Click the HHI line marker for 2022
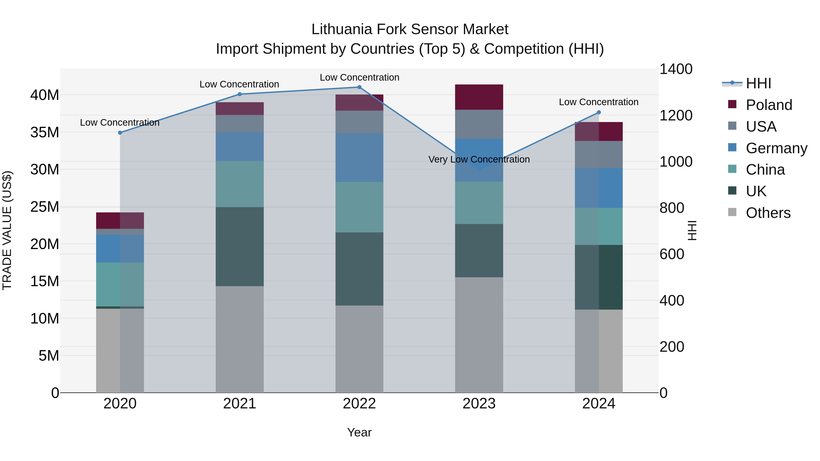coord(359,87)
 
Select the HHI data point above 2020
coord(120,133)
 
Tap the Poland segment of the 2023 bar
coord(479,97)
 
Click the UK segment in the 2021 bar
coord(240,247)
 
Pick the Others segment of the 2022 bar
coord(359,349)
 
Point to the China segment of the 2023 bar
coord(479,203)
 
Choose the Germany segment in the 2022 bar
coord(359,158)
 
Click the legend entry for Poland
coord(769,105)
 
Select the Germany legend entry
coord(776,148)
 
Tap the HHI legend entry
coord(758,83)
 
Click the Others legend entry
coord(768,213)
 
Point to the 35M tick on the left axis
coord(45,132)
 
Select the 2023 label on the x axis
coord(479,404)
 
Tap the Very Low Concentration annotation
coord(479,159)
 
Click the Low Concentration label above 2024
coord(598,102)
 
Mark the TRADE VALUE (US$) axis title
coord(7,230)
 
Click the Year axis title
coord(359,432)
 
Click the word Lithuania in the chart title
coord(342,29)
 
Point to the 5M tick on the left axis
coord(49,356)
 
